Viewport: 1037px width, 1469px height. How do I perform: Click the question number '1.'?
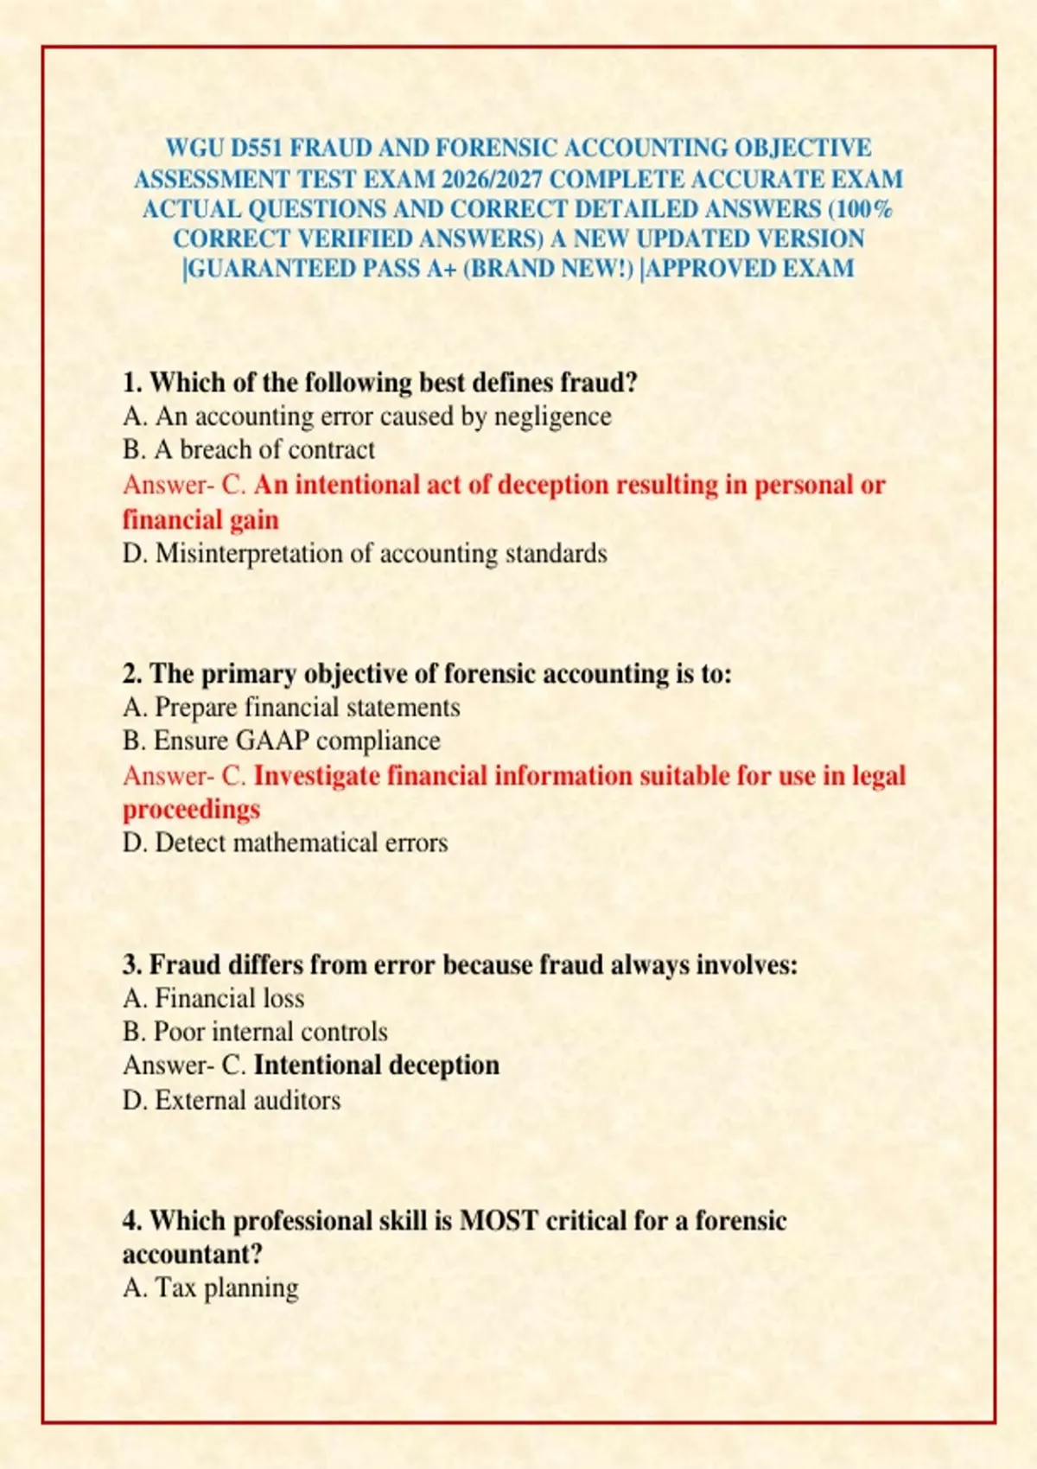(132, 382)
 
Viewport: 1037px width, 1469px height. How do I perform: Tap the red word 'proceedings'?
(191, 810)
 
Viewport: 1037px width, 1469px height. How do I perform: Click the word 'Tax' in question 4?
(175, 1288)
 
